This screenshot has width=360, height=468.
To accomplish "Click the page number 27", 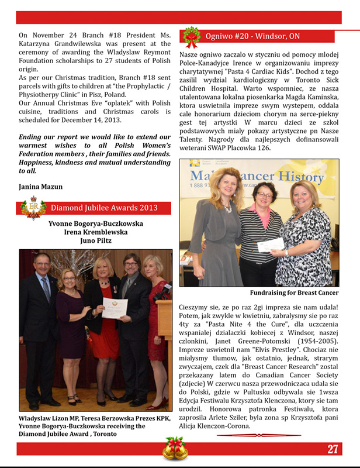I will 333,449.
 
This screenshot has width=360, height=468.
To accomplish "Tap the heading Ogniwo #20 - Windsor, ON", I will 252,36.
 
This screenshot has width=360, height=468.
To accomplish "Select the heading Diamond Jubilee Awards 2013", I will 104,208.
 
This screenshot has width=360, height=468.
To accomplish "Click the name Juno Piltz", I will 95,240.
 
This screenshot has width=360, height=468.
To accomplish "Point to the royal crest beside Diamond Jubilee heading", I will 33,208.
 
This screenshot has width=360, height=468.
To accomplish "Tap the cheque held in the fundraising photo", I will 271,244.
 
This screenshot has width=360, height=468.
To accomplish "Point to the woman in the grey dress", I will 221,228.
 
